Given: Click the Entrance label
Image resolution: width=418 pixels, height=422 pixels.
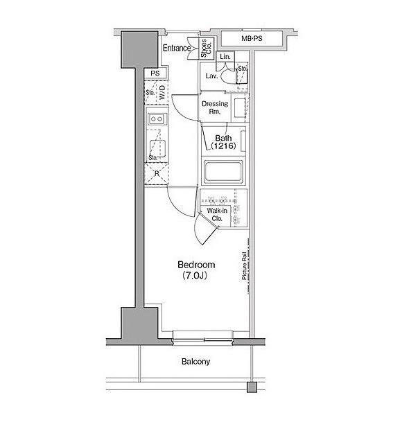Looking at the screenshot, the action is pos(177,49).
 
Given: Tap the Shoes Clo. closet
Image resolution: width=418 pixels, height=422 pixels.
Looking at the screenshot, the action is pos(207,49).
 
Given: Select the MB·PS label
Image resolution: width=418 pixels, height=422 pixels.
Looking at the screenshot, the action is pos(252,38).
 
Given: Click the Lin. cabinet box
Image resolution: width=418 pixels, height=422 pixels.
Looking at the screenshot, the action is pos(225,57).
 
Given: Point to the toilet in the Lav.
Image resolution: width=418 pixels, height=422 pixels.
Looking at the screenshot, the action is pos(228,76).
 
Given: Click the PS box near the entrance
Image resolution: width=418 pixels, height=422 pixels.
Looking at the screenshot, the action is pos(155,73).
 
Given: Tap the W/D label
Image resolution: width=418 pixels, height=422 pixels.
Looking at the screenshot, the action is pos(162,92).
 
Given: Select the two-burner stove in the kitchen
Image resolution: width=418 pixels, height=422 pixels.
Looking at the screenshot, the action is pos(157,118).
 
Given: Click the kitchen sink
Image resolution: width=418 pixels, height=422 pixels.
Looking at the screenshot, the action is pos(158,148).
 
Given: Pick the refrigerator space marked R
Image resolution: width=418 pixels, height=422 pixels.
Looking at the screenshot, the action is pos(157,174).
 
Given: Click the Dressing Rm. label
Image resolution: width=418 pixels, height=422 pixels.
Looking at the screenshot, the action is pos(215,107).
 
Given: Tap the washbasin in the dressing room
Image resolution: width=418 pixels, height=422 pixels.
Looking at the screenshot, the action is pos(240,108).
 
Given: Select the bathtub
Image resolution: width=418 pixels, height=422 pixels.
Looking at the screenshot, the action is pos(223,171).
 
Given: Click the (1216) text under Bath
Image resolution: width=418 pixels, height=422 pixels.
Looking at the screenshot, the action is pos(223,146).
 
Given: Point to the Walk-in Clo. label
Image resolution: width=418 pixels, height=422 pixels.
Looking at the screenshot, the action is pos(217,214).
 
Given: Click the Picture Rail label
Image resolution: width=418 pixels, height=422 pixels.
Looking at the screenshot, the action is pos(244,265).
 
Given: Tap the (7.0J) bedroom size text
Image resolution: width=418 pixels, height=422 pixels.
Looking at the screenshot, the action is pos(195,275).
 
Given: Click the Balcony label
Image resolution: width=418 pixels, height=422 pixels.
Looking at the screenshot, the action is pos(195,362).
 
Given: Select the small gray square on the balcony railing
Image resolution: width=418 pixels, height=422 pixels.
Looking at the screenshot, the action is pos(252,387).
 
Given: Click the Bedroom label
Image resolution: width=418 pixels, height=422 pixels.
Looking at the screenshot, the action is pos(196,265).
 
